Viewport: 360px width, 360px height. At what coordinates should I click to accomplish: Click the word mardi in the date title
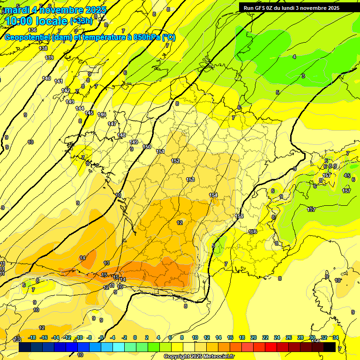(17, 10)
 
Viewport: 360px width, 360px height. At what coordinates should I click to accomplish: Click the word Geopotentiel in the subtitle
(28, 37)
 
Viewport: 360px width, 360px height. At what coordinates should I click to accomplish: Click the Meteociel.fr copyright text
(199, 357)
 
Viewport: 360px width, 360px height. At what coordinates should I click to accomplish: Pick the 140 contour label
(46, 78)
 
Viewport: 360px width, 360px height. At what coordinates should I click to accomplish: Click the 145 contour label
(90, 113)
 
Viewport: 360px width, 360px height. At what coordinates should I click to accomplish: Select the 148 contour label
(122, 135)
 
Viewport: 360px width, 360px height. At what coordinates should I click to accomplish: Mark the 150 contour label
(147, 147)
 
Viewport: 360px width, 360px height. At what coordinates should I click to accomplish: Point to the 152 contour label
(175, 161)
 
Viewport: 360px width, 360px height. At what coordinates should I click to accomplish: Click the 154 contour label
(213, 195)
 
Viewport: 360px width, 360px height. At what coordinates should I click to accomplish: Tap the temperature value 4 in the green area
(294, 57)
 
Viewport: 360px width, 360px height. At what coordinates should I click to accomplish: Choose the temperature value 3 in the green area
(303, 76)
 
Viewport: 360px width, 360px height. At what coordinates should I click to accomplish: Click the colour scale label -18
(32, 337)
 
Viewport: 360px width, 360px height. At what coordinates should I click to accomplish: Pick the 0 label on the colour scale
(135, 337)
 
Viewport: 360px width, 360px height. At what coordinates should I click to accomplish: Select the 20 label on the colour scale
(254, 337)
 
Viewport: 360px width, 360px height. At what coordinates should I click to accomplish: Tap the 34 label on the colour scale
(335, 337)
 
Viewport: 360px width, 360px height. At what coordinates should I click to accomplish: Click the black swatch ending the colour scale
(330, 347)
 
